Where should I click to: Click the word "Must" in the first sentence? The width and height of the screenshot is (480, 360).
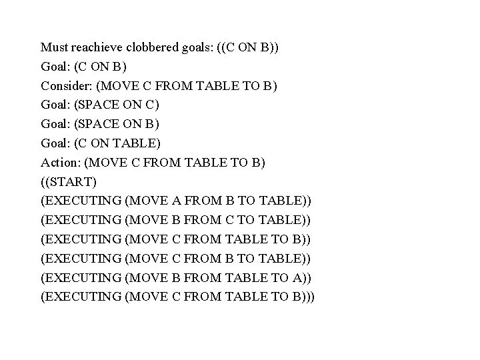54,47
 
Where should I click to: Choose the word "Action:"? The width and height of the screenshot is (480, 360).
61,162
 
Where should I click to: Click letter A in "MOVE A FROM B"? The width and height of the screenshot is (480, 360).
173,201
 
